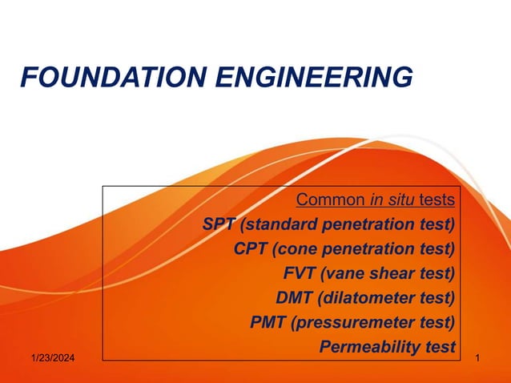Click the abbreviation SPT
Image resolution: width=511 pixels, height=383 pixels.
point(219,224)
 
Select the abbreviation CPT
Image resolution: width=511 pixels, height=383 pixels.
point(251,248)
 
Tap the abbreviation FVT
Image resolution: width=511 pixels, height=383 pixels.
point(300,273)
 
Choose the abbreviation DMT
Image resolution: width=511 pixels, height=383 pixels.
point(293,298)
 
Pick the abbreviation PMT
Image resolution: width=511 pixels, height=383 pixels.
point(268,323)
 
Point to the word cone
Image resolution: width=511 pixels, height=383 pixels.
point(294,248)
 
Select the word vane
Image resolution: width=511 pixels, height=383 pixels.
point(344,273)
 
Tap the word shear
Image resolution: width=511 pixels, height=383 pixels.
point(394,273)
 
